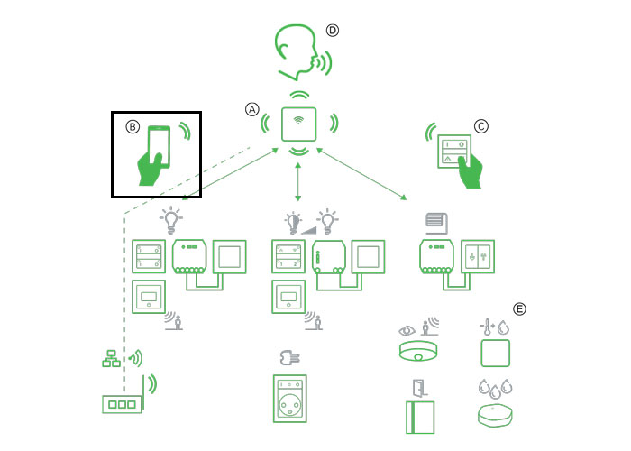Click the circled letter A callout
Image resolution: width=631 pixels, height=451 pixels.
click(252, 109)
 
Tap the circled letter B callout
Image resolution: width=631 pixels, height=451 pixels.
click(133, 127)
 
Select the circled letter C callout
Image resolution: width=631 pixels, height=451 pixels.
click(480, 127)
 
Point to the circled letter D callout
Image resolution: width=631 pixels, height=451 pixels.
click(333, 30)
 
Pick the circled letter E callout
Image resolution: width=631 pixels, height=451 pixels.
click(518, 308)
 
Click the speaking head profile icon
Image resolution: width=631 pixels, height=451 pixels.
click(298, 51)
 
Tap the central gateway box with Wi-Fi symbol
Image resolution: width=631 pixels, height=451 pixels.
click(297, 124)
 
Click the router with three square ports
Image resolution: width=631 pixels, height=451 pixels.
click(120, 404)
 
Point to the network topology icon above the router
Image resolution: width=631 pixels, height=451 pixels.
click(112, 359)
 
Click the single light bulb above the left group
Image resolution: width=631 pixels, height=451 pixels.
click(170, 217)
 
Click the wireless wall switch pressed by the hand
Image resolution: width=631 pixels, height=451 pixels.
click(453, 150)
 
